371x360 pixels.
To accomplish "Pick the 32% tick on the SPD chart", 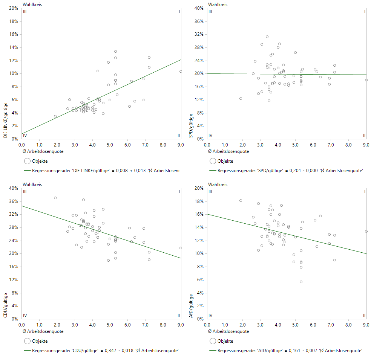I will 199,34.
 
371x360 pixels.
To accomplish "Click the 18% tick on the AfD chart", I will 199,201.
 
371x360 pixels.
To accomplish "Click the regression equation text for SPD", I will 290,171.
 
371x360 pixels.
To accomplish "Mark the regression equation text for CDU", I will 105,351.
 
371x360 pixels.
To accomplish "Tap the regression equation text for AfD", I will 290,351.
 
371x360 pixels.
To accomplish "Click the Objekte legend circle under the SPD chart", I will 213,161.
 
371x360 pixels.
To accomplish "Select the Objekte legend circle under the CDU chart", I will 27,341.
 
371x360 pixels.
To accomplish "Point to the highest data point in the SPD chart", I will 267,37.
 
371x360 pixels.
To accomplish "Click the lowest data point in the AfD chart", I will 301,282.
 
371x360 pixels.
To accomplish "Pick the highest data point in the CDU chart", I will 55,198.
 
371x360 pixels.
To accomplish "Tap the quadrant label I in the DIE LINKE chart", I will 179,12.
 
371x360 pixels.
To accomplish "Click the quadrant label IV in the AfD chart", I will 210,315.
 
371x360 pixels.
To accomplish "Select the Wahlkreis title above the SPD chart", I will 218,5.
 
